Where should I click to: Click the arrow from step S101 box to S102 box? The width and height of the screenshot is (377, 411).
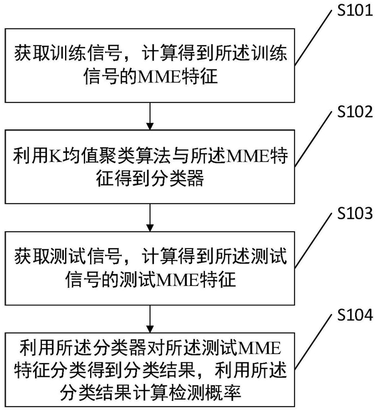pyautogui.click(x=150, y=116)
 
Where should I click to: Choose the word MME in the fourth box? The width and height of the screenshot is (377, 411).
pyautogui.click(x=258, y=346)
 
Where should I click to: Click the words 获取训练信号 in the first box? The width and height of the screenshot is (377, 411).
pyautogui.click(x=57, y=55)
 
